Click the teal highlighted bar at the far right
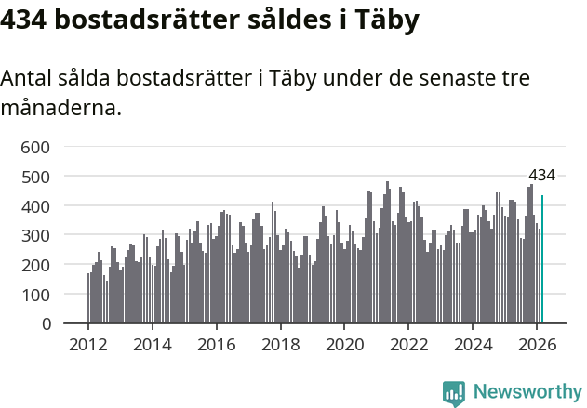(542, 259)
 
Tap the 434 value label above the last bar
(541, 175)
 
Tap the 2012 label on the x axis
(88, 344)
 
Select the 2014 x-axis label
(153, 344)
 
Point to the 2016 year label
(217, 344)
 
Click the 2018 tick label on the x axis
(280, 344)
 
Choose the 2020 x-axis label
(344, 344)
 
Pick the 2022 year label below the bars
(408, 344)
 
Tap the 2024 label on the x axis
(473, 344)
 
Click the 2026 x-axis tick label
(537, 344)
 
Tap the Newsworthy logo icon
(454, 393)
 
